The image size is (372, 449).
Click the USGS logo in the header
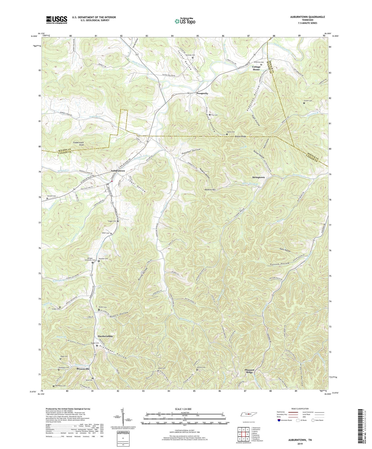(57, 20)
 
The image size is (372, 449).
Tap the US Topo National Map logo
(185, 21)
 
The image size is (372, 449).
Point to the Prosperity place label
(202, 93)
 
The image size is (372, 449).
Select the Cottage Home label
(256, 68)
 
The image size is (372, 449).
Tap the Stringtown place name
(258, 177)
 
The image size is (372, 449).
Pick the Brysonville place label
(83, 369)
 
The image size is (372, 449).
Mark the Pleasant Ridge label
(250, 371)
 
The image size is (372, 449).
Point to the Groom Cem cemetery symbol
(304, 103)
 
